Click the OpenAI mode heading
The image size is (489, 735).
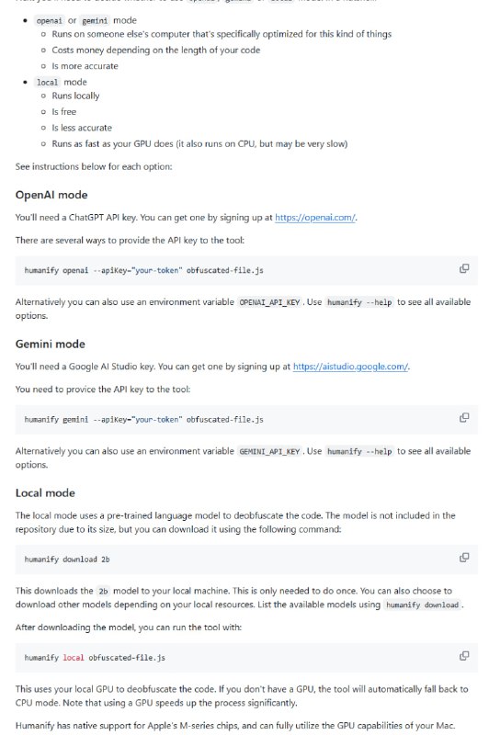[51, 195]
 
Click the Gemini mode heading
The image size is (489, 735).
[51, 344]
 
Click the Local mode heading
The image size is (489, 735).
[45, 492]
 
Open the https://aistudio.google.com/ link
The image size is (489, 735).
[350, 367]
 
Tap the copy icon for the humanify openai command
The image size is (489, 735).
[464, 268]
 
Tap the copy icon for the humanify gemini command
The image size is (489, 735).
[464, 417]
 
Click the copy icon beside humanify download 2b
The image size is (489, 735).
[464, 557]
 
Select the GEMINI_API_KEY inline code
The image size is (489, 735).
[269, 451]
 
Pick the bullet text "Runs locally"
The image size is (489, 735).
[75, 96]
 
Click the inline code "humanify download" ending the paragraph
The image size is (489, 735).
[422, 605]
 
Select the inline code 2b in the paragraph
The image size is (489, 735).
[103, 589]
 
